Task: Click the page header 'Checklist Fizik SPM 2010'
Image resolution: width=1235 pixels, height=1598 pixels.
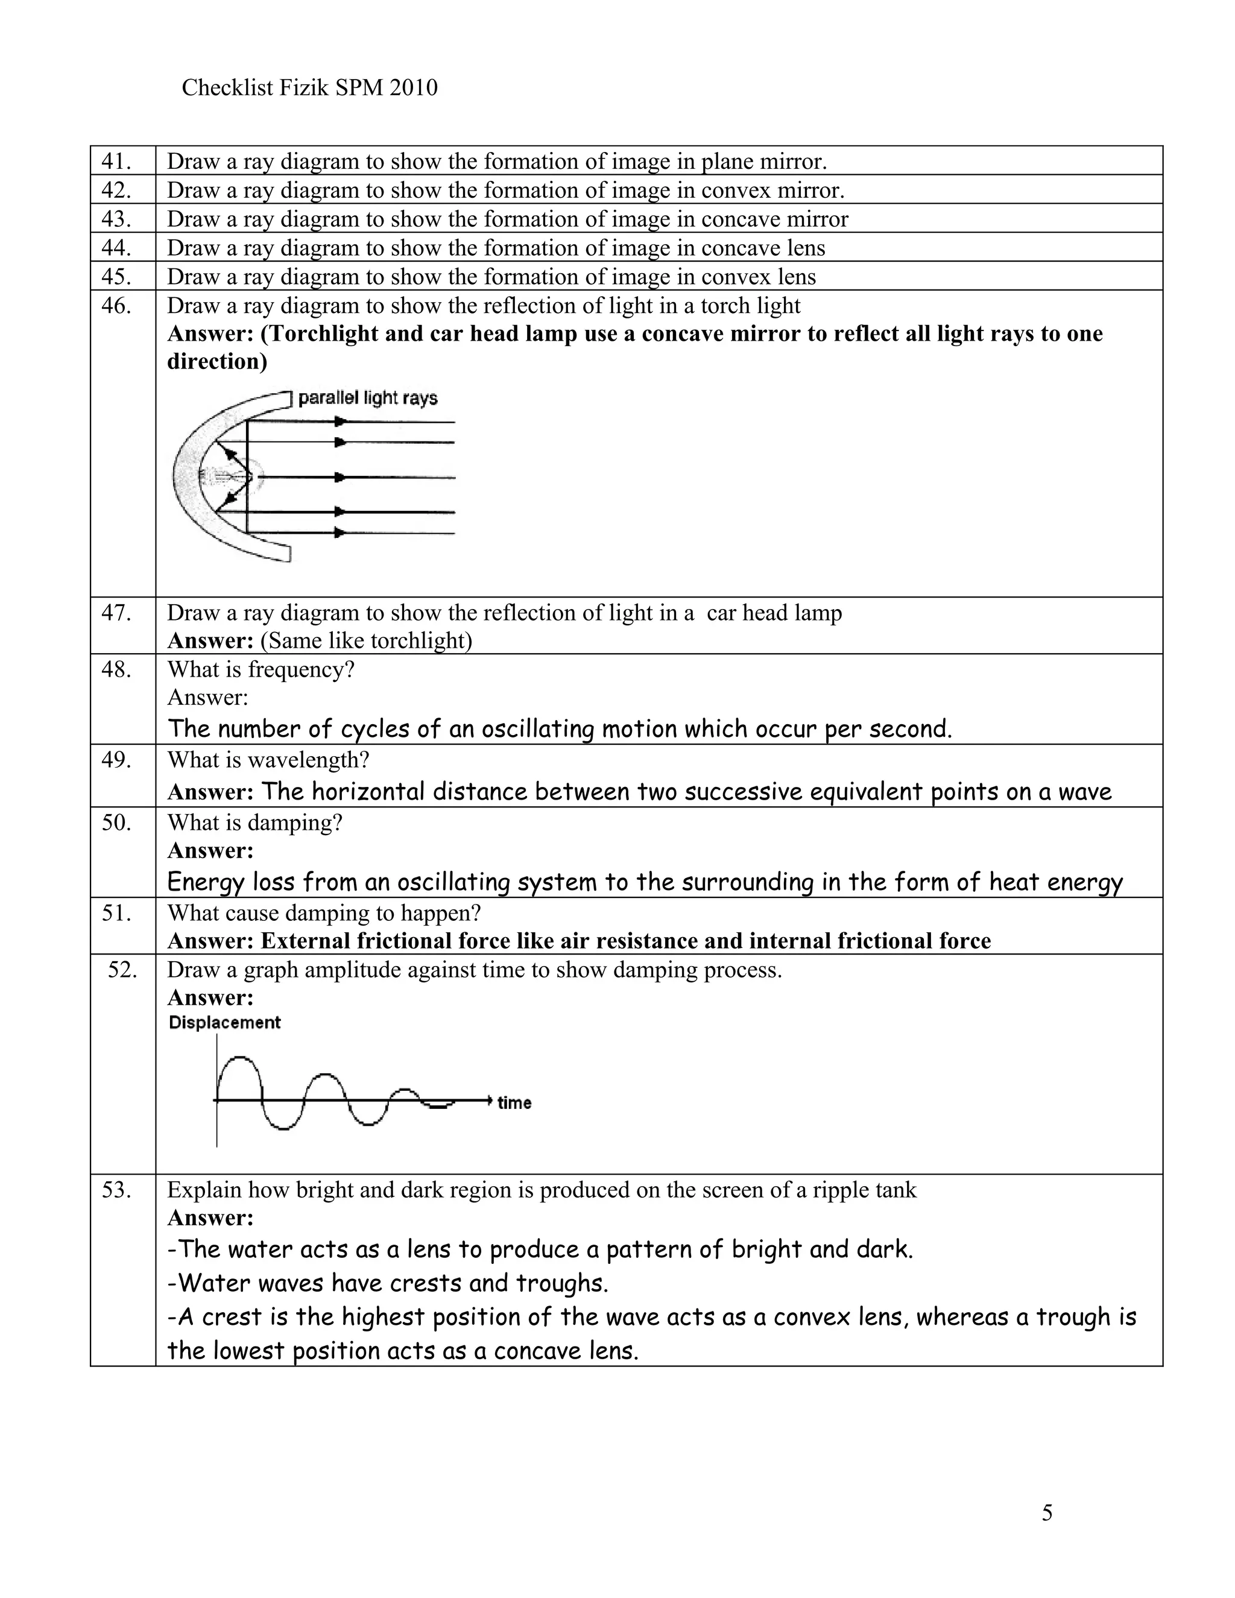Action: [x=309, y=88]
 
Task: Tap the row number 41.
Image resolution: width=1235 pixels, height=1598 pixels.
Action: [x=116, y=160]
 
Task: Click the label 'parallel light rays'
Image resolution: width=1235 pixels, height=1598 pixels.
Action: [x=367, y=398]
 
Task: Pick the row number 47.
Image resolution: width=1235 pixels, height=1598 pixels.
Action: [x=116, y=613]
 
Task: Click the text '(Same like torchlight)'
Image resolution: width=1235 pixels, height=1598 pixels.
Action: [x=367, y=640]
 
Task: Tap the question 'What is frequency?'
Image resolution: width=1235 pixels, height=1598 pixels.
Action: [x=261, y=669]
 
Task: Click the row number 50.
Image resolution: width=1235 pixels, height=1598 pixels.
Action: [x=116, y=823]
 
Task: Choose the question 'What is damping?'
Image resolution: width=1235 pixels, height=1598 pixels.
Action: [x=254, y=823]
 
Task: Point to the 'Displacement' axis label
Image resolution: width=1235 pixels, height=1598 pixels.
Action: [x=224, y=1022]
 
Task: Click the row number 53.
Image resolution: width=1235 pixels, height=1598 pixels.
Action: [x=116, y=1190]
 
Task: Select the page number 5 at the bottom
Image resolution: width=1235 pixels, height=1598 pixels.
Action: [x=1047, y=1512]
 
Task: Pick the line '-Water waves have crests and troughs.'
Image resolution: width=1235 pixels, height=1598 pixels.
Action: [x=388, y=1283]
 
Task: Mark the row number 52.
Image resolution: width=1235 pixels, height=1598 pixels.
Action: [x=121, y=970]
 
